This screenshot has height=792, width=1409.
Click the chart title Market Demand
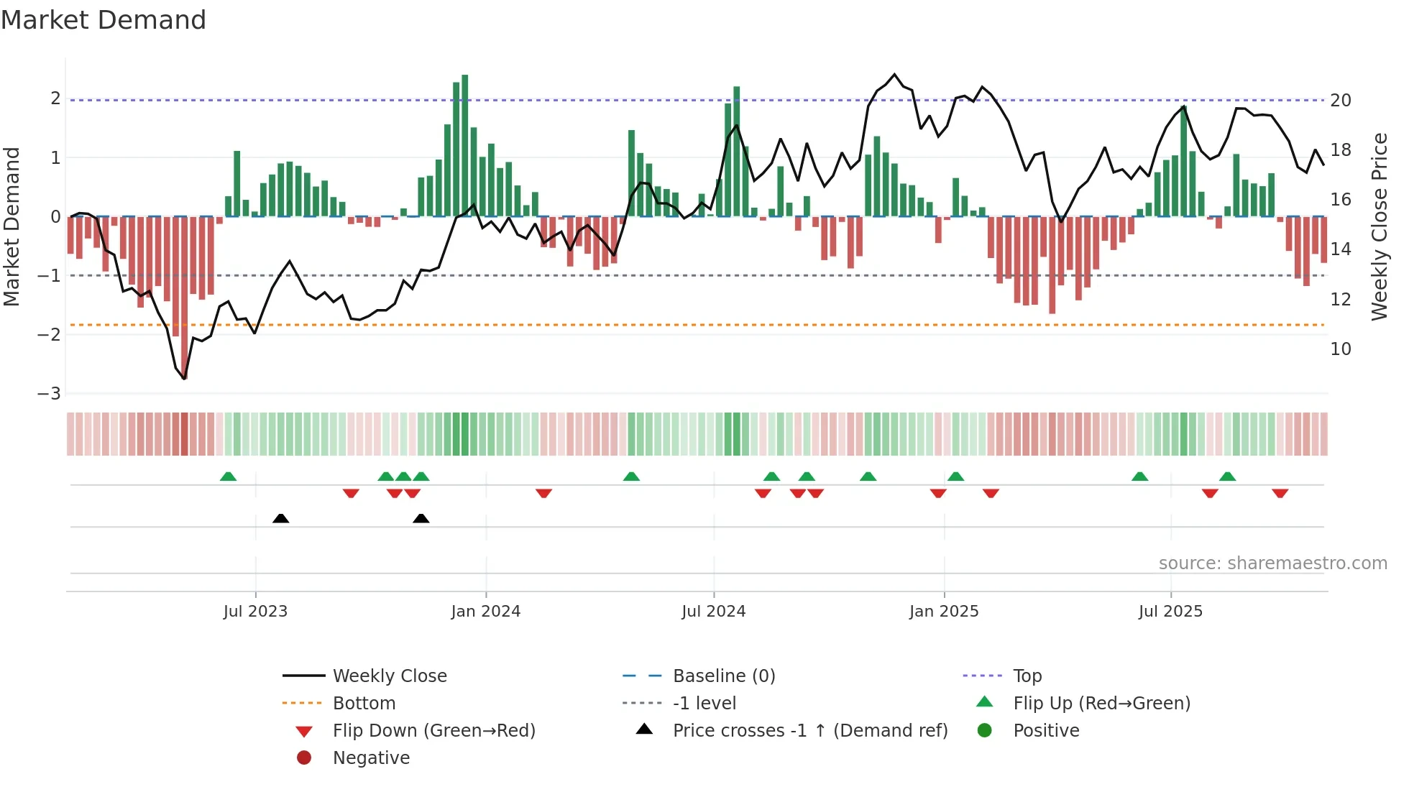pos(104,20)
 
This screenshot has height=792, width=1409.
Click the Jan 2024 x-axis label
pos(485,612)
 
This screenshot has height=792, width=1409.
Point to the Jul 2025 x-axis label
pos(1170,612)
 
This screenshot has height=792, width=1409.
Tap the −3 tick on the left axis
pos(50,394)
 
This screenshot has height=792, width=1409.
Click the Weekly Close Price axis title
pos(1379,226)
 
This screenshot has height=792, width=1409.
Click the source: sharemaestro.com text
pos(1272,563)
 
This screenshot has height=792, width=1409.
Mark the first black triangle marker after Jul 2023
pos(281,518)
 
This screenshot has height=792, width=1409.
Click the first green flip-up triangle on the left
pos(228,476)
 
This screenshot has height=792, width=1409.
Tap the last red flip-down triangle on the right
pos(1280,493)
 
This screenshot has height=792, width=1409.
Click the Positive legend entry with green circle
pos(1045,731)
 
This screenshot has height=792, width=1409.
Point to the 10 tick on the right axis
pos(1340,349)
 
